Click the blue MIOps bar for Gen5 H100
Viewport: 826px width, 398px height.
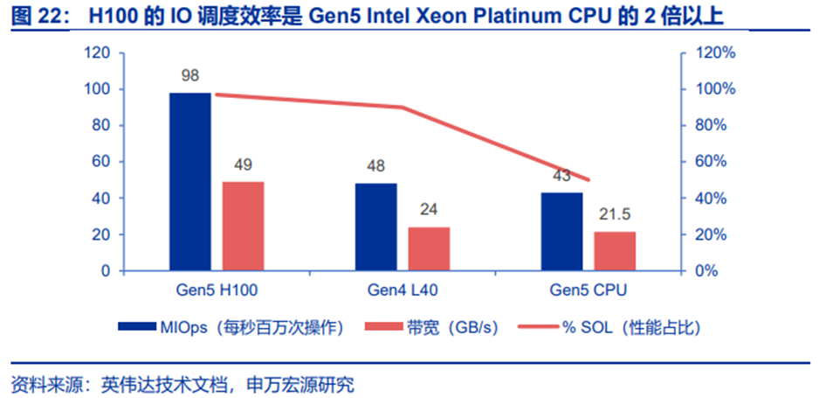tap(190, 181)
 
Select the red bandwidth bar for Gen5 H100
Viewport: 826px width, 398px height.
tap(243, 226)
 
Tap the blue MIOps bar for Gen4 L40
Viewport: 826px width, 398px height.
tap(375, 227)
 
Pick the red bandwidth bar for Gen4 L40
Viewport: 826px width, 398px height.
tap(429, 248)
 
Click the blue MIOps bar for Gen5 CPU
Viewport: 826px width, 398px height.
tap(562, 231)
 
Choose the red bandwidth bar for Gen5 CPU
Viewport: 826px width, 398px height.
tap(615, 251)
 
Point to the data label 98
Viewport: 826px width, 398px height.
tap(190, 75)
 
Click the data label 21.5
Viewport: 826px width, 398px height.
tap(615, 215)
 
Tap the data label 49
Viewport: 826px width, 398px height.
tap(243, 164)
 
